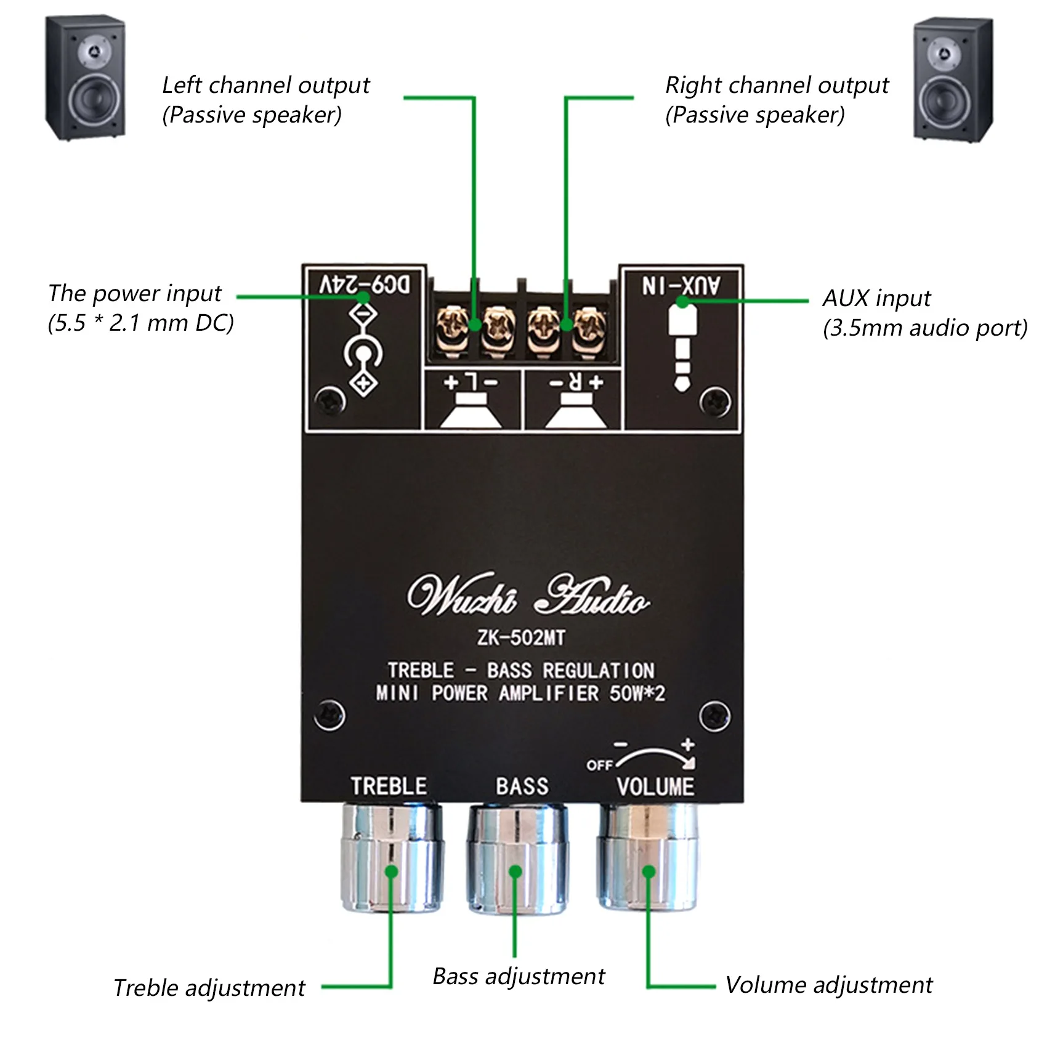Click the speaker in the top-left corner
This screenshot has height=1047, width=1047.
86,78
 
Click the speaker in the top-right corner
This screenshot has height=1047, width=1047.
952,80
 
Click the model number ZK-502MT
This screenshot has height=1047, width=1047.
521,638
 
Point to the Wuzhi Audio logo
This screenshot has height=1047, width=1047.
527,596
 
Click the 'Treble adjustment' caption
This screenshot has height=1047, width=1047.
209,988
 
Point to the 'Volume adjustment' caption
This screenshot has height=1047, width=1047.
828,985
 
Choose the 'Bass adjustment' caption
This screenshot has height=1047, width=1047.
519,976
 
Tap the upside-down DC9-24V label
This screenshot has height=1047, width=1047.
364,285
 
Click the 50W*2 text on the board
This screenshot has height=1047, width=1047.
637,693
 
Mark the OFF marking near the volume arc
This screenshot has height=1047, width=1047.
599,765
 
